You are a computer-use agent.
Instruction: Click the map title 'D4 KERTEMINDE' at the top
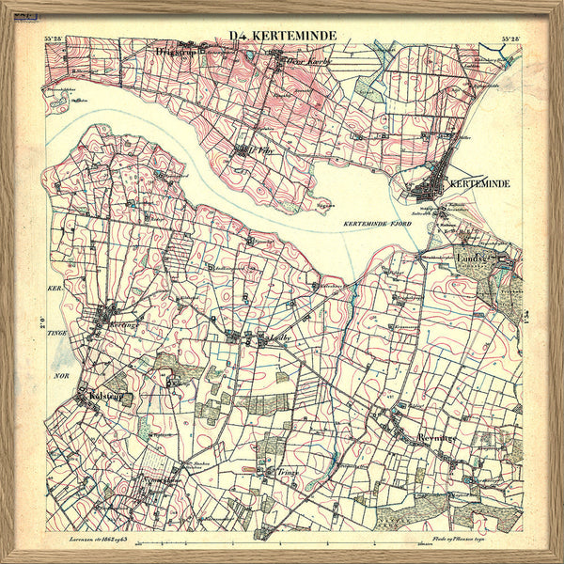pyautogui.click(x=282, y=37)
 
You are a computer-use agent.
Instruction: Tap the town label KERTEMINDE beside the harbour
pyautogui.click(x=479, y=183)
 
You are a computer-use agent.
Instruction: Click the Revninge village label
pyautogui.click(x=435, y=439)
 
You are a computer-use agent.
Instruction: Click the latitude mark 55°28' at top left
pyautogui.click(x=56, y=39)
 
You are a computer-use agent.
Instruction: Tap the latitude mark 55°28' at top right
pyautogui.click(x=510, y=39)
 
